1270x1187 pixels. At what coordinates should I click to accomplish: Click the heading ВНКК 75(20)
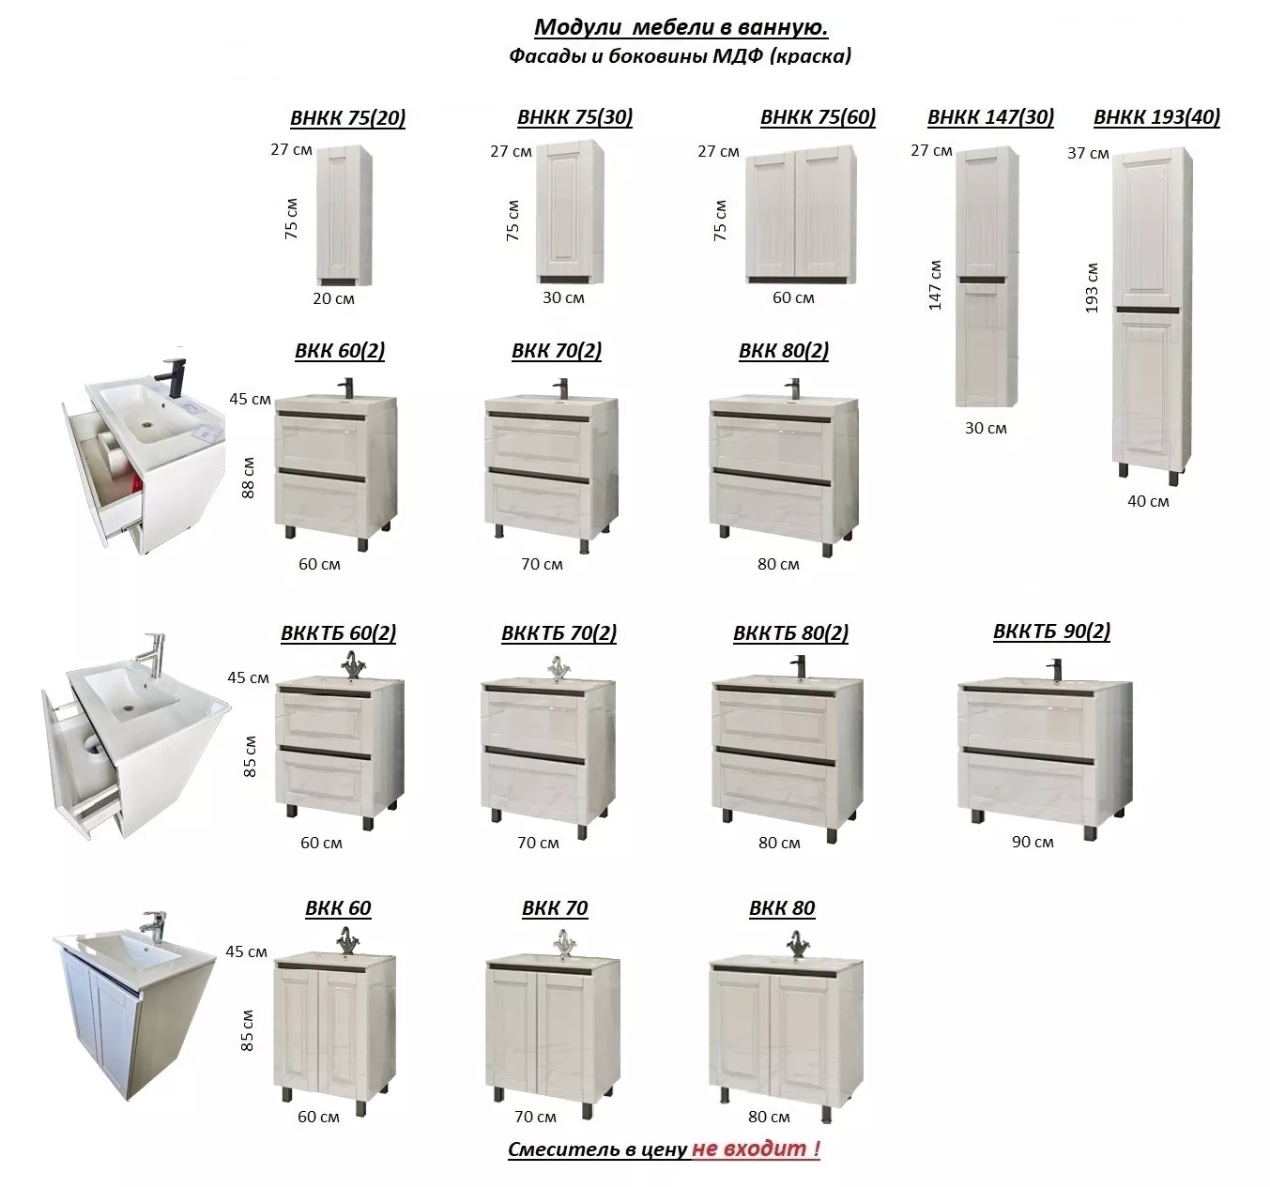[348, 117]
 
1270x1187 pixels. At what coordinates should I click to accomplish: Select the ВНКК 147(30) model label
[990, 117]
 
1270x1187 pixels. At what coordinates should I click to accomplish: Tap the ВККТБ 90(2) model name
[1051, 632]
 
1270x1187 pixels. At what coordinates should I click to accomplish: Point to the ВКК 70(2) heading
[557, 351]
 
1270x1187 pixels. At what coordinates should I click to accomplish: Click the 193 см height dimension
[1092, 288]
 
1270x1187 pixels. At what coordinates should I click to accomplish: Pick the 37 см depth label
[1088, 154]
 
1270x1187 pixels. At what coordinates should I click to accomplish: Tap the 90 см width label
[1033, 842]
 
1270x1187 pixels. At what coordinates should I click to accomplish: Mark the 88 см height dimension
[248, 478]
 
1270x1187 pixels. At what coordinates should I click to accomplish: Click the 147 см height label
[935, 285]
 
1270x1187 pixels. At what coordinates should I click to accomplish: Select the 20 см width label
[333, 298]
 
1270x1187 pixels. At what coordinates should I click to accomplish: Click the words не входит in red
[756, 1148]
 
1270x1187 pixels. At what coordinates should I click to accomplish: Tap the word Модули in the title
[578, 27]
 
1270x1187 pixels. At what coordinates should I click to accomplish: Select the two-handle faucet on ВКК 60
[346, 942]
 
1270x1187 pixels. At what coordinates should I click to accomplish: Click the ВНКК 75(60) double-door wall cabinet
[801, 215]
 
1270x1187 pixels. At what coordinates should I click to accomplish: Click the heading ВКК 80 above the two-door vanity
[782, 907]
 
